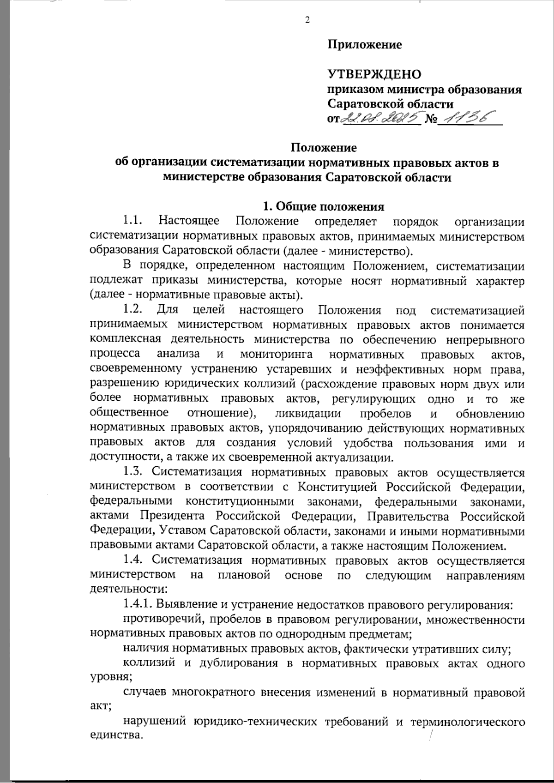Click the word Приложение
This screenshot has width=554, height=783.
pos(365,45)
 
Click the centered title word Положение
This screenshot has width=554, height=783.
pos(324,148)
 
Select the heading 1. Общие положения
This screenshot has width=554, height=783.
pos(323,206)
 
